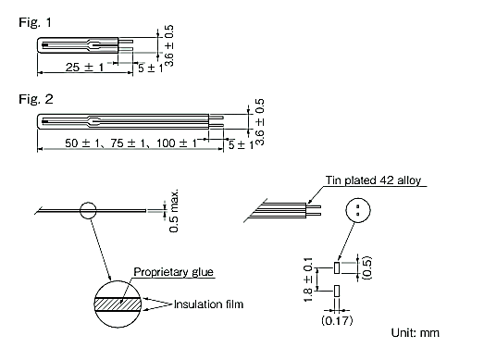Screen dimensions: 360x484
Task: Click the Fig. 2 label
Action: point(21,96)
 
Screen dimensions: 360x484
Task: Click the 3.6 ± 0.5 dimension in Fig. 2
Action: point(260,120)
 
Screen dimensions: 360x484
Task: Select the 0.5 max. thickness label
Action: point(174,212)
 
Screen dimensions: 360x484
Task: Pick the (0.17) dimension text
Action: point(335,321)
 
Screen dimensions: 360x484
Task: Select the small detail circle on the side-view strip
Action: point(89,210)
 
